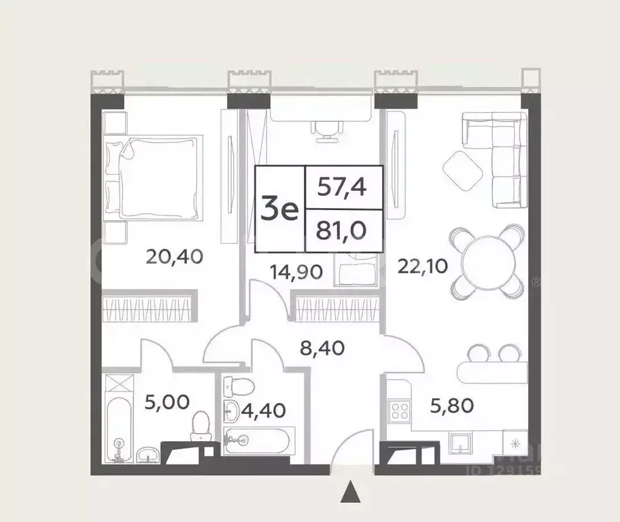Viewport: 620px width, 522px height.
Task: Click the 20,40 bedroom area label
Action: pyautogui.click(x=175, y=257)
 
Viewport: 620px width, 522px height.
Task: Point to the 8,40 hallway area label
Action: pyautogui.click(x=324, y=349)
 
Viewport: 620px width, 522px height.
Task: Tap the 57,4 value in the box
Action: pyautogui.click(x=343, y=187)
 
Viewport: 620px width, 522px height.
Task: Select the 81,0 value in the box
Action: pyautogui.click(x=343, y=232)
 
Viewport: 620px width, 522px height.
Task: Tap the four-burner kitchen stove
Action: pyautogui.click(x=397, y=410)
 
